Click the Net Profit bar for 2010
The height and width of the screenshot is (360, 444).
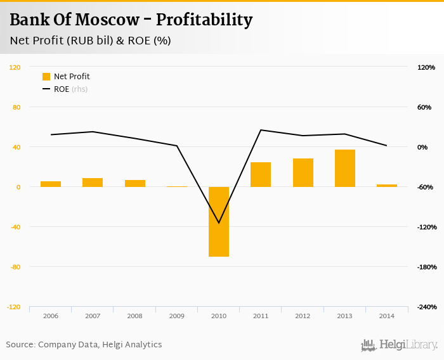[x=219, y=221]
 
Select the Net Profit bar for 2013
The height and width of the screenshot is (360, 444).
[x=345, y=168]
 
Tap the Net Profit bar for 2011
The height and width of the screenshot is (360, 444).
[x=261, y=174]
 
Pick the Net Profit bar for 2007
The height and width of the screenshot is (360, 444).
[x=93, y=183]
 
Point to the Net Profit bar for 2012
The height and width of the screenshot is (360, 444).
[x=303, y=172]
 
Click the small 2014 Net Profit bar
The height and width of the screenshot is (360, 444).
[x=387, y=186]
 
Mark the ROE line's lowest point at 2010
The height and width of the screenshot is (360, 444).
[x=219, y=223]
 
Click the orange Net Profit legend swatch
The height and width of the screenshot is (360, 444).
[x=46, y=77]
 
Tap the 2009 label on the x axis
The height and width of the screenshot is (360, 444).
[x=177, y=316]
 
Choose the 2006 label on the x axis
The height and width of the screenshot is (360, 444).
[x=51, y=316]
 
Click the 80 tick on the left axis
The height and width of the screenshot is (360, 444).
[x=16, y=107]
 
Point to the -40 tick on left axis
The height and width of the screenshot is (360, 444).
[x=15, y=227]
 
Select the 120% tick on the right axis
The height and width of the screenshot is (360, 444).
[x=426, y=67]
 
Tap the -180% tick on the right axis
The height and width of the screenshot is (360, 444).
[x=426, y=267]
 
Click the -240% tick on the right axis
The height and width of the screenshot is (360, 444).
[x=426, y=307]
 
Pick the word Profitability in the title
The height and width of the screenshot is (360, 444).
[x=204, y=20]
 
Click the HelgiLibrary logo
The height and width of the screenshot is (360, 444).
[x=399, y=345]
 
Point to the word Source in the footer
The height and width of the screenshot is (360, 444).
[x=20, y=345]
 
